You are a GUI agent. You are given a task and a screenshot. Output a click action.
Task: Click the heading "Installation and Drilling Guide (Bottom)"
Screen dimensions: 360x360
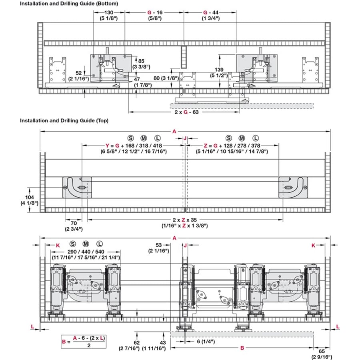tap(69, 4)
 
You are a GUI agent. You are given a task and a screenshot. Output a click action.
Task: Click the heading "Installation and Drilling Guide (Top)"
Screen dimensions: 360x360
tap(64, 120)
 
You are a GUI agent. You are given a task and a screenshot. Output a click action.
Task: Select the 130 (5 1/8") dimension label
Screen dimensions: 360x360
tap(109, 15)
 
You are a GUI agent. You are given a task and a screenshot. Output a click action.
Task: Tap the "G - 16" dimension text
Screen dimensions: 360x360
tap(155, 12)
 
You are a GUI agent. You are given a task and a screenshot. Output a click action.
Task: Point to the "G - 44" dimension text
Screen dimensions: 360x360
tap(211, 12)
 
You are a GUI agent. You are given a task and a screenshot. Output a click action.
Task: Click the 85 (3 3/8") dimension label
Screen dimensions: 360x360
tap(141, 64)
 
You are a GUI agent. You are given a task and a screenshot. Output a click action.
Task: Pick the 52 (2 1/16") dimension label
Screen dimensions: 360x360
tap(78, 76)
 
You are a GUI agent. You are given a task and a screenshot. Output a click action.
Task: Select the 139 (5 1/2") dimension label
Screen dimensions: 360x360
tap(219, 72)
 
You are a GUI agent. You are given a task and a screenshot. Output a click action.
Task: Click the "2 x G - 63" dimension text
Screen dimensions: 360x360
tap(186, 112)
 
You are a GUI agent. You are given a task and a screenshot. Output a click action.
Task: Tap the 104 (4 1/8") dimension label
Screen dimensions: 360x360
tap(29, 200)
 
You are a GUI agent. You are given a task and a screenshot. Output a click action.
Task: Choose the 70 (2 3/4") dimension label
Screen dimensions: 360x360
tap(74, 226)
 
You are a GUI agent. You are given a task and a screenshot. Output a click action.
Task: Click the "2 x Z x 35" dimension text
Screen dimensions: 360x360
tap(184, 220)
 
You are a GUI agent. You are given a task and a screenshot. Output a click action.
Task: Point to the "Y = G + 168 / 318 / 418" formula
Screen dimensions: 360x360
tap(134, 146)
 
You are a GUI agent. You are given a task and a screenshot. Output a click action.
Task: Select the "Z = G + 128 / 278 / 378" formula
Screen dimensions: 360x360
tap(232, 146)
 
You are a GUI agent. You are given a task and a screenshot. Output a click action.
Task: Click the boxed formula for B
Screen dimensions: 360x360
tap(84, 342)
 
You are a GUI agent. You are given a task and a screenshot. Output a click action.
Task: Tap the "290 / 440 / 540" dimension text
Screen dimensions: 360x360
tap(86, 252)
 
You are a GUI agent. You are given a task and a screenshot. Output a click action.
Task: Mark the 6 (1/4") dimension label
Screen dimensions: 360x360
tap(206, 342)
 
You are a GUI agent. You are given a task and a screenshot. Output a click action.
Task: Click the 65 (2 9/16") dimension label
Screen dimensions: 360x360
tap(322, 354)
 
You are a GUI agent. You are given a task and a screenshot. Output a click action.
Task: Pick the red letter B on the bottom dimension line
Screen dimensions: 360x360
tap(242, 348)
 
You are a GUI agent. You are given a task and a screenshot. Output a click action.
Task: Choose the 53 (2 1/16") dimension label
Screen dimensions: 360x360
tap(159, 248)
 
